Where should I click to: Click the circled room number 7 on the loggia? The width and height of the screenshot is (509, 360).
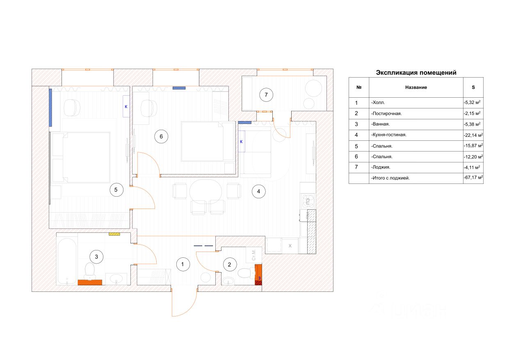[266, 95]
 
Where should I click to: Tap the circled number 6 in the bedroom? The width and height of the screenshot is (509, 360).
[161, 137]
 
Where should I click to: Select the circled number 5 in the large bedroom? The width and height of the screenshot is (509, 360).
[116, 190]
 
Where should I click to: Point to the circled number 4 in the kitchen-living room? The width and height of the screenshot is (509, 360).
[258, 191]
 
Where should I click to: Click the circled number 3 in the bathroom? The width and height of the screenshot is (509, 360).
[96, 257]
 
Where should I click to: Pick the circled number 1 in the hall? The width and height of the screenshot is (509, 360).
[183, 264]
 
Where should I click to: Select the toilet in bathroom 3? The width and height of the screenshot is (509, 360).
[89, 271]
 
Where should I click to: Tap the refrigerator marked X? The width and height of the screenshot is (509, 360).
[290, 245]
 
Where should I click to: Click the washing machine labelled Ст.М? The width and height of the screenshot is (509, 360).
[253, 255]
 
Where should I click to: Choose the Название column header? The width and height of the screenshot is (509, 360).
[416, 87]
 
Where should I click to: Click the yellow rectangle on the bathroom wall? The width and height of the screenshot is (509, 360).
[114, 234]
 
